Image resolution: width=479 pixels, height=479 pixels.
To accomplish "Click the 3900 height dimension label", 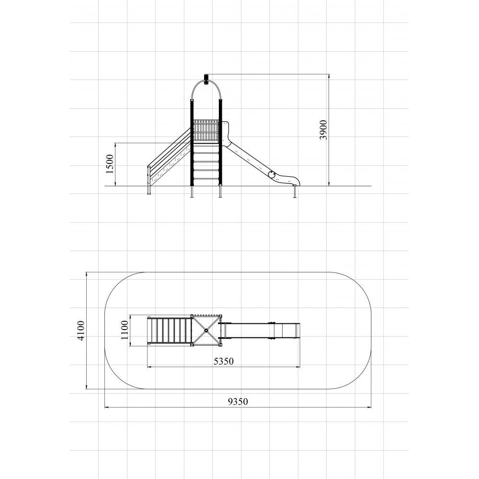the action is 323,130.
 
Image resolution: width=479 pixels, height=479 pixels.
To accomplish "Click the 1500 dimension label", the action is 110,164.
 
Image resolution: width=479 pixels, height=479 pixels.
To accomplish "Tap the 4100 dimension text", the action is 81,331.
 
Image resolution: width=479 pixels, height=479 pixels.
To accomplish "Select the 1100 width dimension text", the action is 125,330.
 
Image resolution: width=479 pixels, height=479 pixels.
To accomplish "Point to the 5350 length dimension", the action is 224,361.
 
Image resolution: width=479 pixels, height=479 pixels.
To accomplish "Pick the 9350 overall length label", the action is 238,401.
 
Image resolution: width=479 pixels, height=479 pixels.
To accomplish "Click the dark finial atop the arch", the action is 206,80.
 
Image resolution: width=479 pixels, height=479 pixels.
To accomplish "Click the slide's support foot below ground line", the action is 295,192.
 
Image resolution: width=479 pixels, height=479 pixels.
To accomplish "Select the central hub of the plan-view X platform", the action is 206,330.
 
